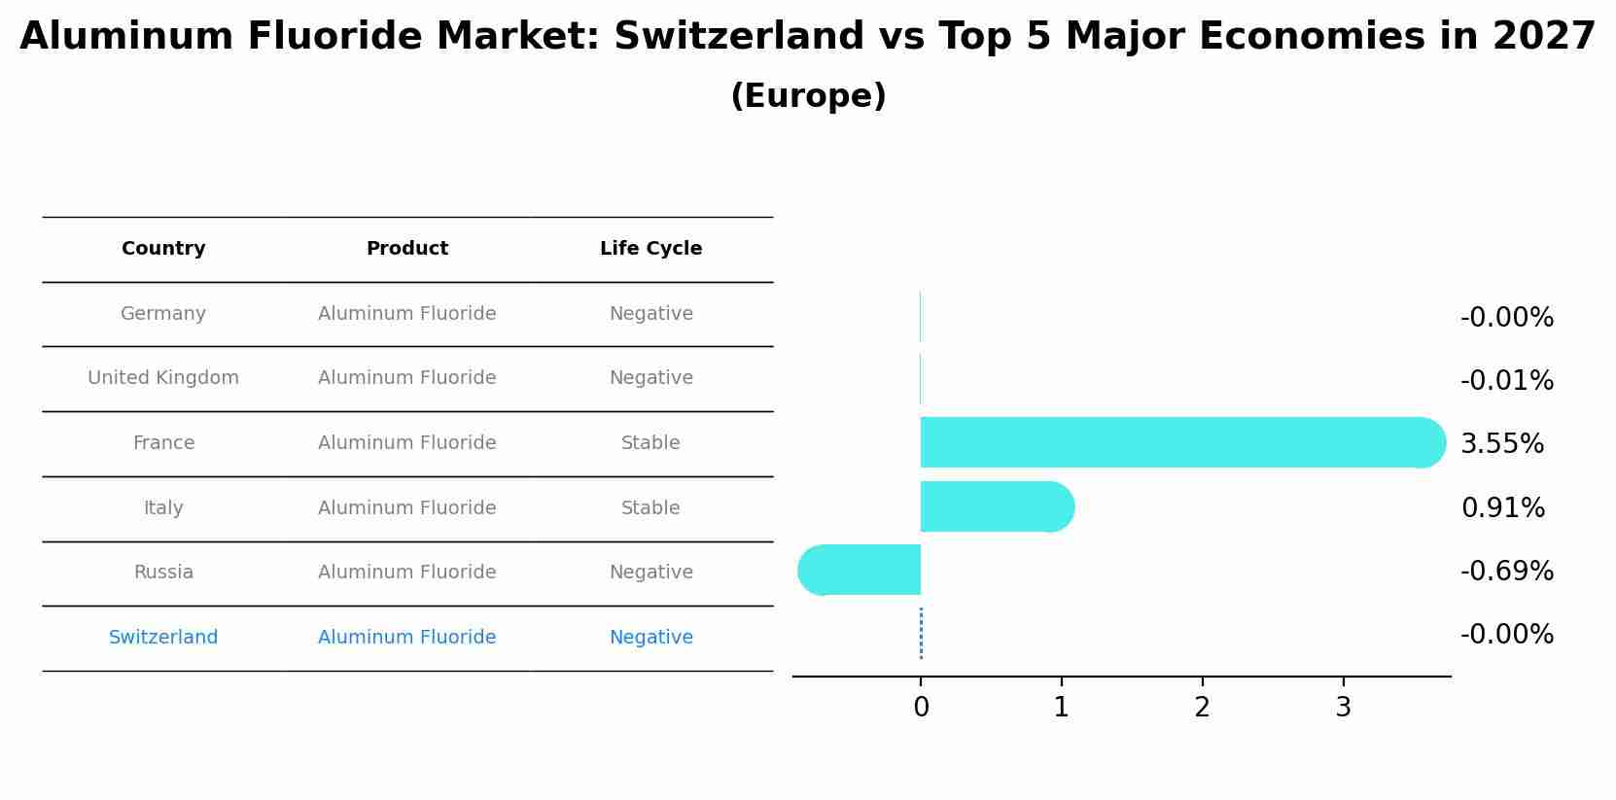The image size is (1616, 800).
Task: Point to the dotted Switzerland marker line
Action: (x=921, y=634)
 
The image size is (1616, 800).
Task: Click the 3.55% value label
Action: (x=1501, y=444)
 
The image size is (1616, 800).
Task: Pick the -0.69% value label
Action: (x=1506, y=572)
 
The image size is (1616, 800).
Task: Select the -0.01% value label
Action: (x=1506, y=381)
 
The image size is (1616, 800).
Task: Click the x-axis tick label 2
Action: (x=1202, y=708)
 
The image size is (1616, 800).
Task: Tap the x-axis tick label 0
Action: (x=921, y=708)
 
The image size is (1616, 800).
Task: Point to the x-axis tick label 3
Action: (x=1343, y=708)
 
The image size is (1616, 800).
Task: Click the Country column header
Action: (x=163, y=249)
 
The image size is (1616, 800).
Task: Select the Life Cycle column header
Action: (x=650, y=249)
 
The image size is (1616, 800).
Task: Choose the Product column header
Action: (x=406, y=249)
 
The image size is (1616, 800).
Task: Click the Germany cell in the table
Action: (x=163, y=314)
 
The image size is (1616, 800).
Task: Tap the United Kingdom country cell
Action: (x=163, y=378)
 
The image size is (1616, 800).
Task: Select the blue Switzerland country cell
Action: (x=163, y=638)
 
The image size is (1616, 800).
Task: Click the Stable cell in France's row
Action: (x=650, y=443)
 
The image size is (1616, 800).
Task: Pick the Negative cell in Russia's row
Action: (x=650, y=573)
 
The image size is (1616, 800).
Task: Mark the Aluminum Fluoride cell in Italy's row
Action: (x=406, y=508)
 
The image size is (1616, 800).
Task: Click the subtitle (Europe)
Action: (x=808, y=96)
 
